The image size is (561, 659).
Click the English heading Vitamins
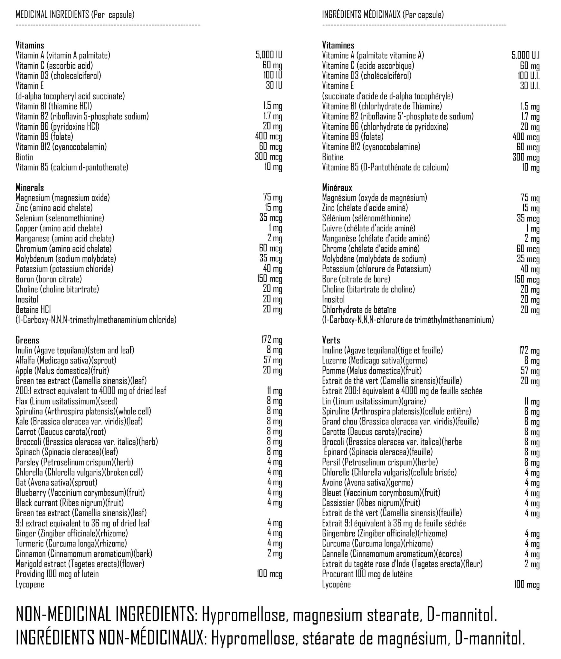click(30, 45)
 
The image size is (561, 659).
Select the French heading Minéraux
click(337, 188)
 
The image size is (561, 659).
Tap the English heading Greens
click(27, 340)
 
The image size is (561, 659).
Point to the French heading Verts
click(331, 340)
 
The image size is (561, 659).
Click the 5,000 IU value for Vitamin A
click(269, 55)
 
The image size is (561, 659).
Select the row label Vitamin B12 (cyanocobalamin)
click(61, 147)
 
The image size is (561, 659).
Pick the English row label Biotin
click(24, 157)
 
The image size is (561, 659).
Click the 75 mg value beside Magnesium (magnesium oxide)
click(272, 198)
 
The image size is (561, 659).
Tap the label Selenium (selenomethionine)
click(60, 218)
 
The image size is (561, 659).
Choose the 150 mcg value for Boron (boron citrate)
click(269, 279)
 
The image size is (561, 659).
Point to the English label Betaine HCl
click(32, 310)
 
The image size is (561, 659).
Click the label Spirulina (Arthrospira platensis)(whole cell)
click(83, 411)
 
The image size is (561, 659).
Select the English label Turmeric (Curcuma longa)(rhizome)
click(71, 543)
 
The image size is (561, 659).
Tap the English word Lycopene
click(30, 584)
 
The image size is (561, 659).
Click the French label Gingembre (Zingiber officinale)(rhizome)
click(385, 533)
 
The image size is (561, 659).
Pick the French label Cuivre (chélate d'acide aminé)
click(368, 228)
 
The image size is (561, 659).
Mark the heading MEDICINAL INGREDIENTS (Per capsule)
click(75, 14)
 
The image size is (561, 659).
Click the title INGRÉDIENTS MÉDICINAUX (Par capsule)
click(383, 14)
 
